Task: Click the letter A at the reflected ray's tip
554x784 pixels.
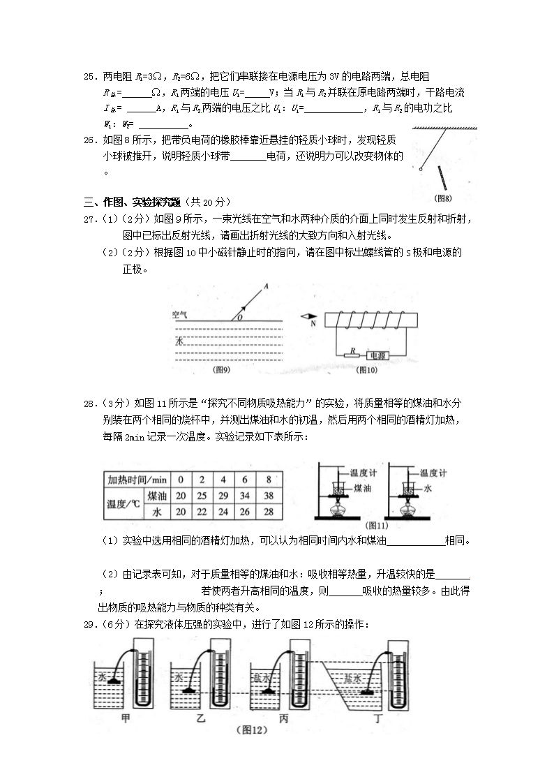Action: pyautogui.click(x=266, y=287)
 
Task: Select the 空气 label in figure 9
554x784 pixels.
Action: pyautogui.click(x=180, y=316)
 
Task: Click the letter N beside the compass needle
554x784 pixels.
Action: pyautogui.click(x=313, y=323)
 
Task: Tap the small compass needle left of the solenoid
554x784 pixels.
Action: pyautogui.click(x=310, y=315)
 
